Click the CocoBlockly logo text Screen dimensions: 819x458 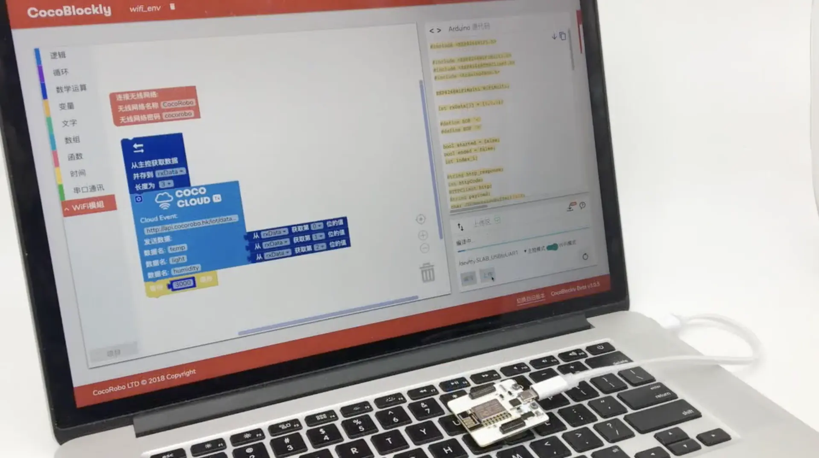coord(69,11)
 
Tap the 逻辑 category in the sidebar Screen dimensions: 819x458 coord(58,55)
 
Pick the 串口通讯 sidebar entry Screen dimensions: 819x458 coord(88,189)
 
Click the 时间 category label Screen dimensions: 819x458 coord(78,173)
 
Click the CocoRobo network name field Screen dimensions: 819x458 coord(178,103)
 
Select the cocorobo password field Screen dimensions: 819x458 coord(178,114)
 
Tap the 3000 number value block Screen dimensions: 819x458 coord(183,283)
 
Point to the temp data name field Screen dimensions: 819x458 coord(177,248)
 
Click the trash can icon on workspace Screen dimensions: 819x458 coord(427,273)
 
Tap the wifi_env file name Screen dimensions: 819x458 coord(145,9)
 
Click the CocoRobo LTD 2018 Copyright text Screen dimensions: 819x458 coord(144,382)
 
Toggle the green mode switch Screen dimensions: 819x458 coord(552,247)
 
